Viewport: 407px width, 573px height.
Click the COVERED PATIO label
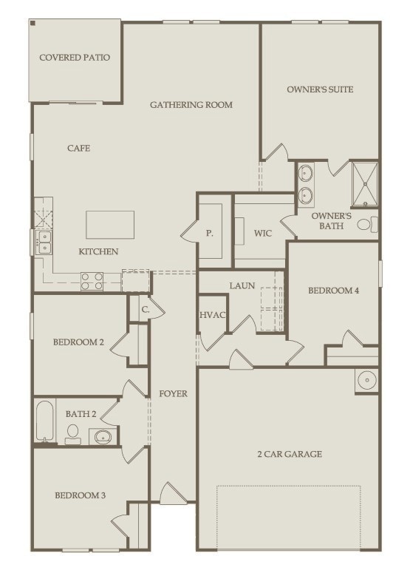pos(75,57)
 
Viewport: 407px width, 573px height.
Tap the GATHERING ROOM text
pos(191,105)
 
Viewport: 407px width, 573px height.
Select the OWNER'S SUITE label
pos(320,89)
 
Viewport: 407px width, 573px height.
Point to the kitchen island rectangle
pos(110,225)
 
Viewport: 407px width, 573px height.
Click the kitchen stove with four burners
pos(92,281)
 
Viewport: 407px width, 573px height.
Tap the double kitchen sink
pos(44,242)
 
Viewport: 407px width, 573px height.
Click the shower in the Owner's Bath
pos(365,184)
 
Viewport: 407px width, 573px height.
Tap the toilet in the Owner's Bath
pos(367,224)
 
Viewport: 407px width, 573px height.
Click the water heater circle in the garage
pos(366,380)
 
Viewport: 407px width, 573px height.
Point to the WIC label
pos(263,234)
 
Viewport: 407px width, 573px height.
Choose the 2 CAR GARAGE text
pos(289,454)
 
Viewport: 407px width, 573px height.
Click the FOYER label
pos(173,393)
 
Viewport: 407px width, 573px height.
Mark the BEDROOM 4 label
pos(333,291)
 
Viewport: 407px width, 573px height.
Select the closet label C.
pos(146,310)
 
